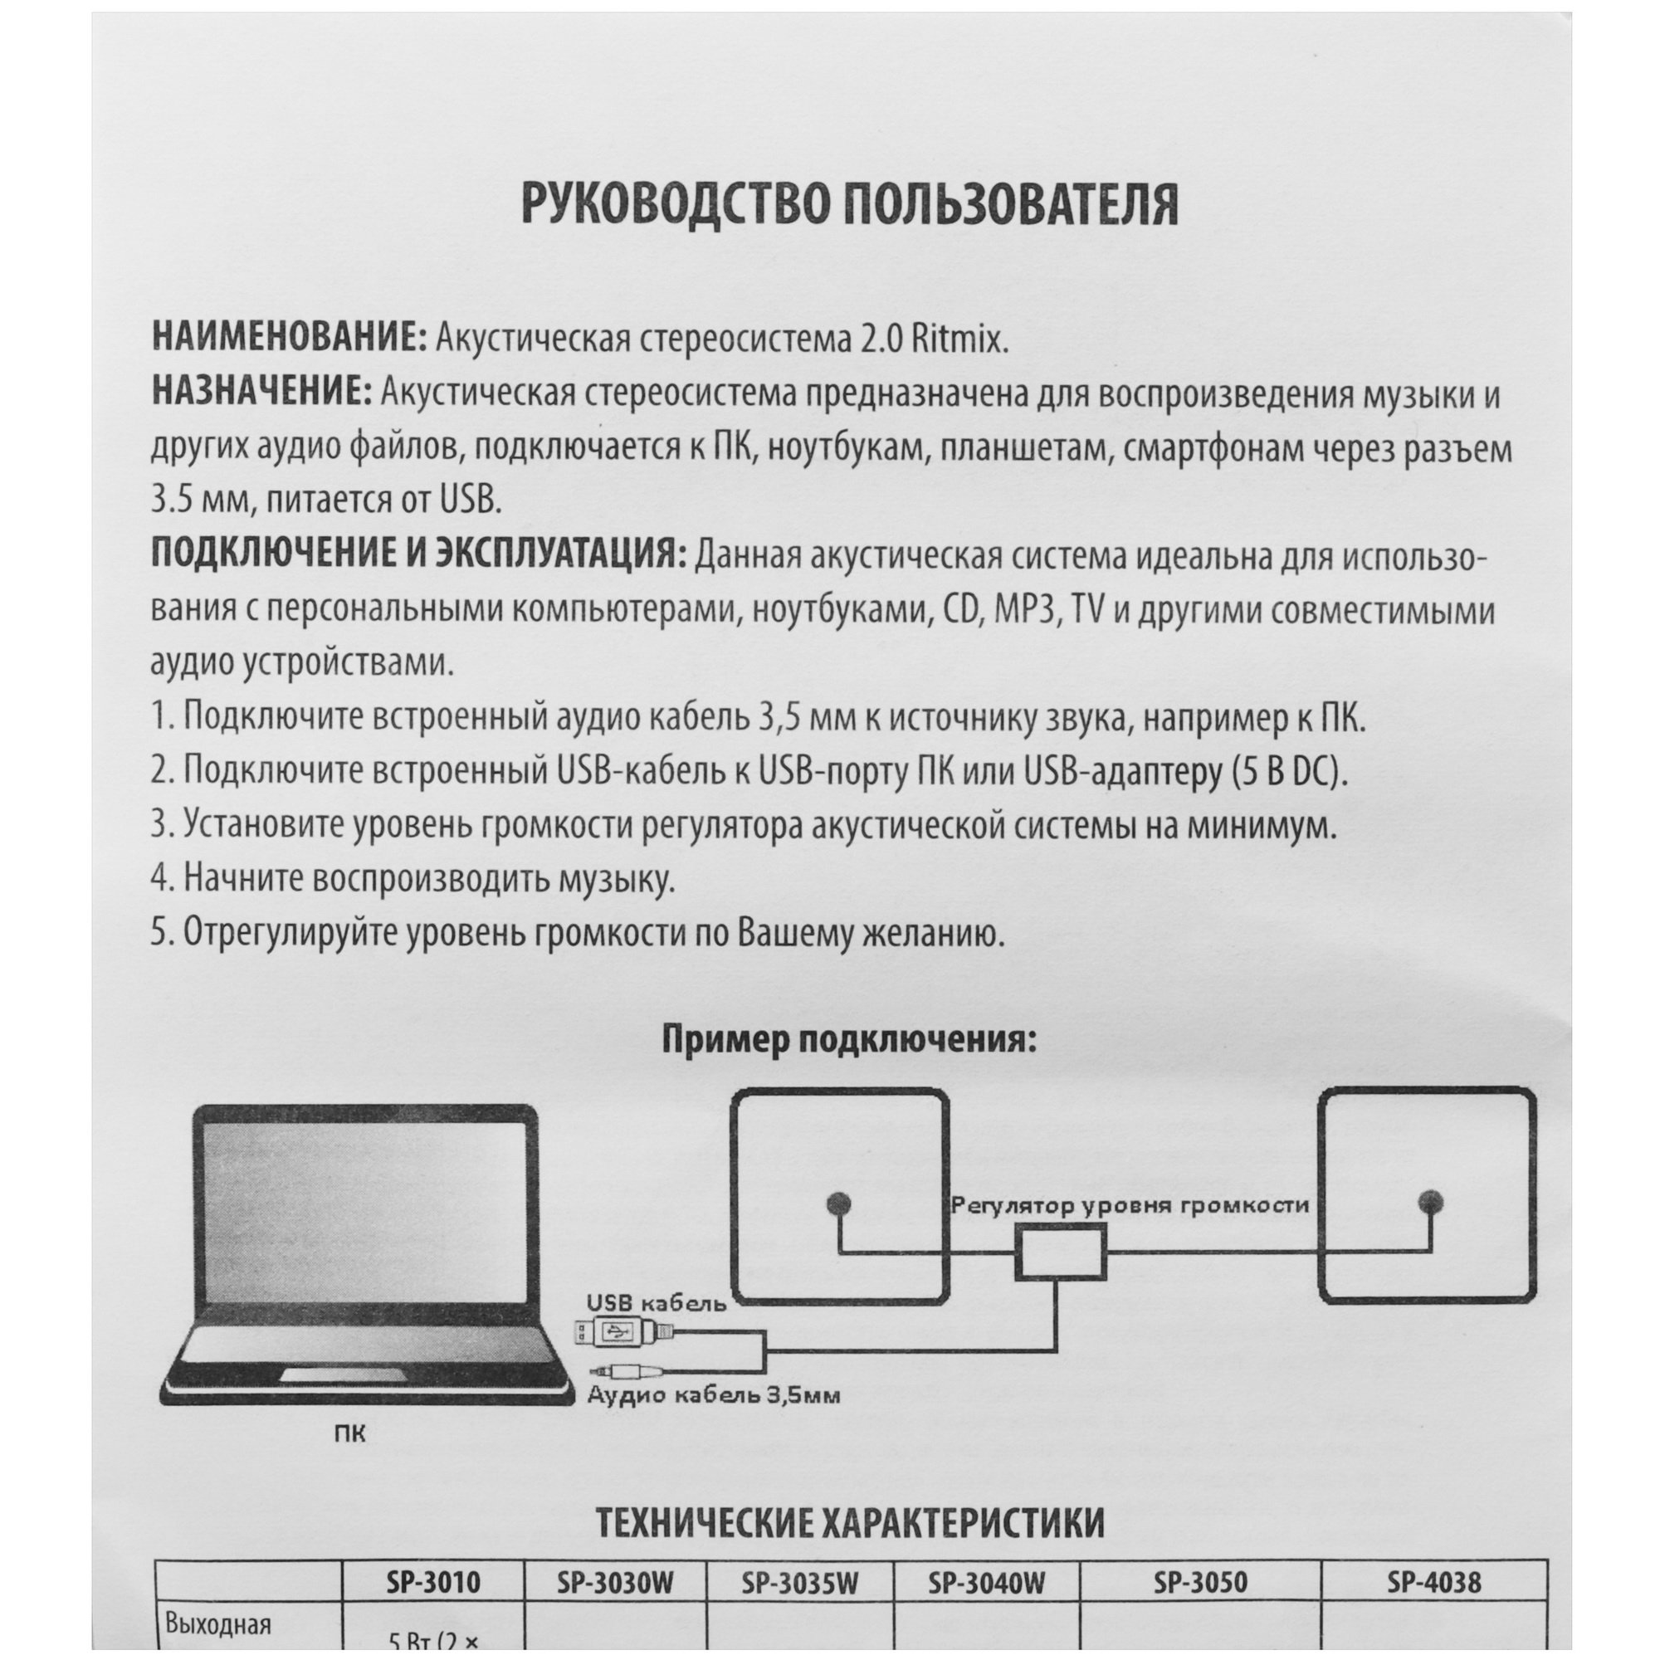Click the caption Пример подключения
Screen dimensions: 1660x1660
pos(849,1040)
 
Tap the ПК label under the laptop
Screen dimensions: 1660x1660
pos(349,1434)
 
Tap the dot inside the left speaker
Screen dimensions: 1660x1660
pos(837,1203)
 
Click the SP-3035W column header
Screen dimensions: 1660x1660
pos(799,1583)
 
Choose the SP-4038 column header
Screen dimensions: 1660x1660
pos(1433,1582)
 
